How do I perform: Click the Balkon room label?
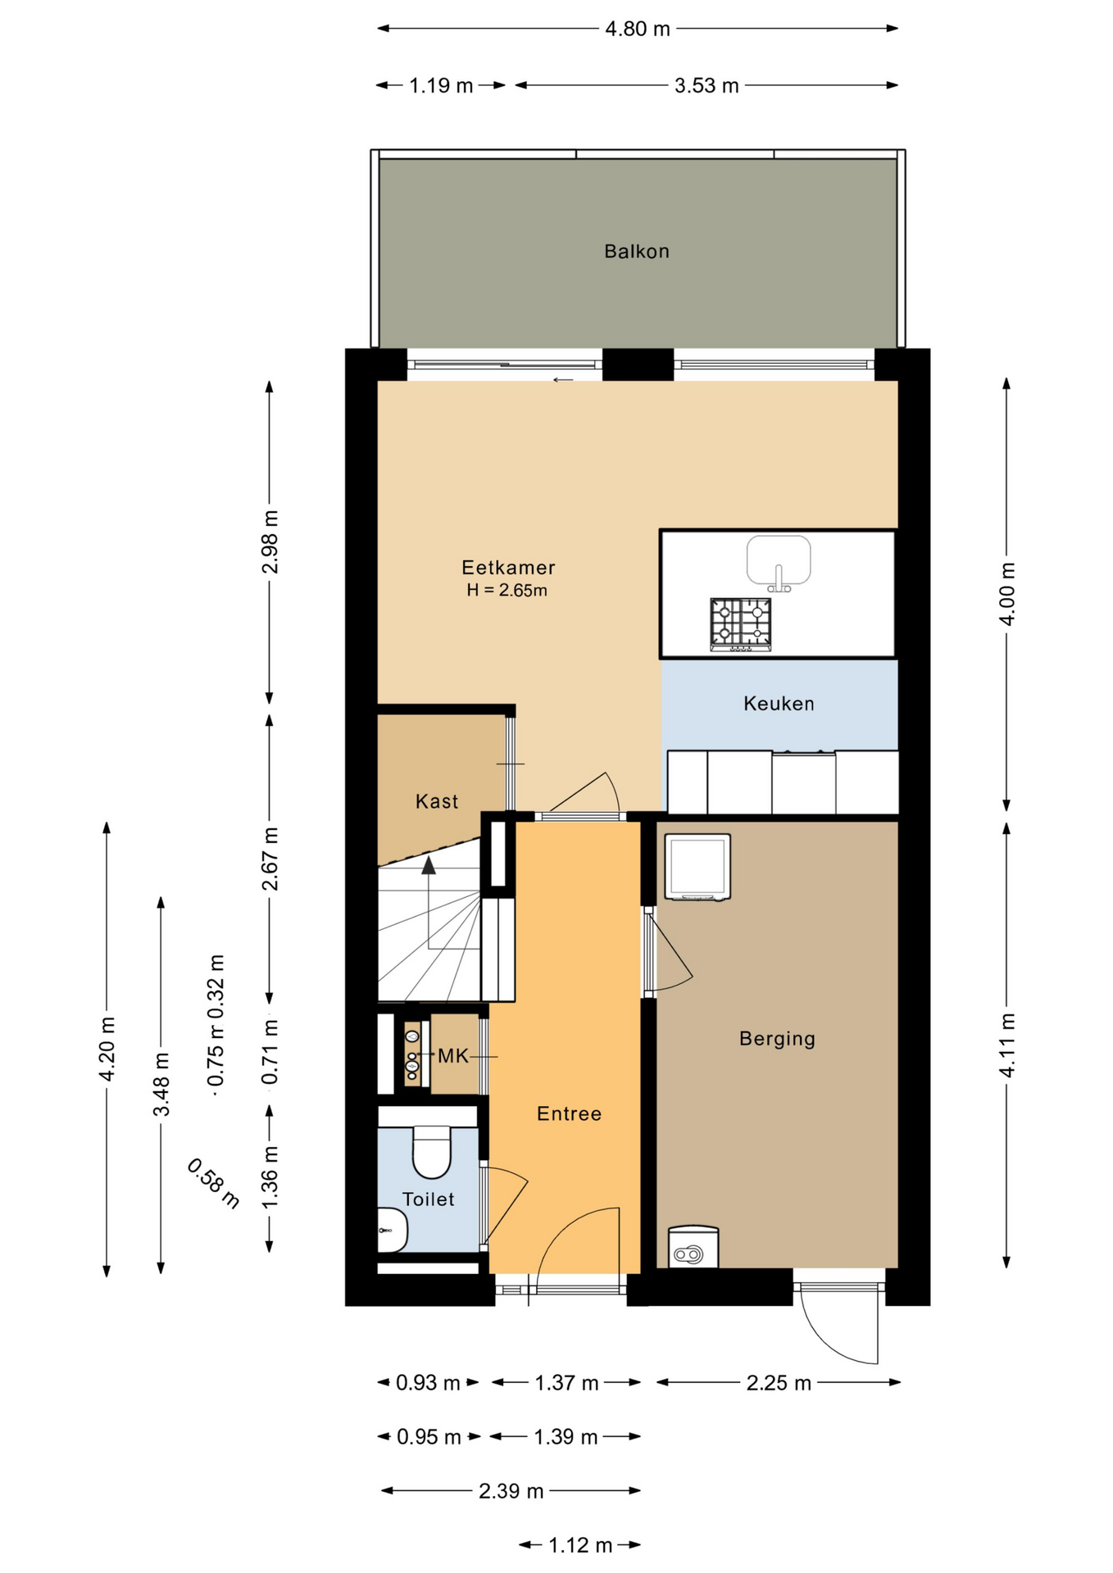[636, 252]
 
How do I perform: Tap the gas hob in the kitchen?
[740, 624]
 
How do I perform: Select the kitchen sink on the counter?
[778, 561]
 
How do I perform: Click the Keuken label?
[778, 703]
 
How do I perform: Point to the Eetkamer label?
[507, 567]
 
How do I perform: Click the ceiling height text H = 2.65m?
[507, 590]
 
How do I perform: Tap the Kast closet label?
[436, 801]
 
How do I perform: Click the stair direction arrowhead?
[428, 865]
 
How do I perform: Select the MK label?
[452, 1056]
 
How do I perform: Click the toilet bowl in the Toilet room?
[431, 1151]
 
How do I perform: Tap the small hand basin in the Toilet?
[392, 1231]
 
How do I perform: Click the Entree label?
[569, 1113]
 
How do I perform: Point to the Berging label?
[776, 1039]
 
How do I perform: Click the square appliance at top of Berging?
[697, 867]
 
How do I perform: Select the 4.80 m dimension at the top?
[637, 29]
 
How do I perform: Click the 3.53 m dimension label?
[706, 86]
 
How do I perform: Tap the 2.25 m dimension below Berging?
[778, 1383]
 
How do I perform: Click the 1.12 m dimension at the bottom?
[579, 1545]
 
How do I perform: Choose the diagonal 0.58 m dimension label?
[213, 1184]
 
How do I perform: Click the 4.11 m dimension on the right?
[1007, 1045]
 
